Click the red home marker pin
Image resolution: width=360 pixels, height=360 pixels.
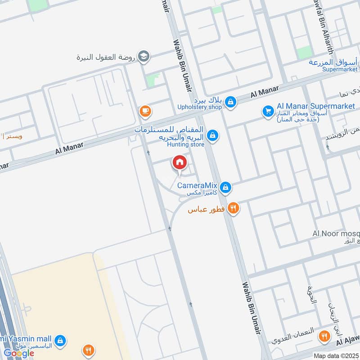pos(180,163)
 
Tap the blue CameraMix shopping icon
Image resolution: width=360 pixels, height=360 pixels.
pos(226,187)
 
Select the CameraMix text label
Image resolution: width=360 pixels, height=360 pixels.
pos(198,185)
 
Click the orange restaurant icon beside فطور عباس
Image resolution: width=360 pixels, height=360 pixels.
pos(233,208)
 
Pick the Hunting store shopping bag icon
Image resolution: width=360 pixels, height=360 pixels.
pos(213,135)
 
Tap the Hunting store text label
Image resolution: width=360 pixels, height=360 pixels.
pos(186,144)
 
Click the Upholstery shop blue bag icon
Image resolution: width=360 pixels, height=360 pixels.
pos(231,102)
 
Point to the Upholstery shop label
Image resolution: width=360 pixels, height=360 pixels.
pos(200,107)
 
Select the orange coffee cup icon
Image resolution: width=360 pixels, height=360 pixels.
pos(145,110)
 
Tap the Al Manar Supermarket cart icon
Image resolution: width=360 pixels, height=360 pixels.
pos(268,111)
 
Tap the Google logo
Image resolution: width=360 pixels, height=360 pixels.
pos(19,353)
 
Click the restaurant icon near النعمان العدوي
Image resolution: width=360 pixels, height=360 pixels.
pos(324,336)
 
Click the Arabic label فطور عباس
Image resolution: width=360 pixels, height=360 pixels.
pos(207,210)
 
